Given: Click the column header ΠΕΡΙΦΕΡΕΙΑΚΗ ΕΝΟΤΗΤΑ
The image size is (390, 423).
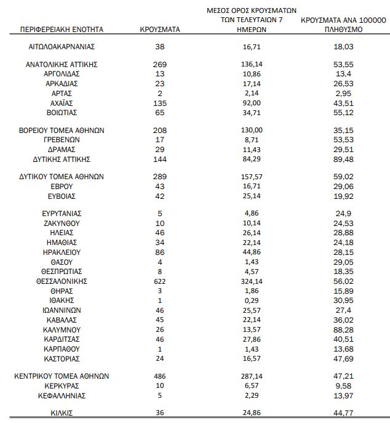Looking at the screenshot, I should [x=62, y=29].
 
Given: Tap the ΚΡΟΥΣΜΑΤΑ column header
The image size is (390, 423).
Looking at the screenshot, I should [x=160, y=29].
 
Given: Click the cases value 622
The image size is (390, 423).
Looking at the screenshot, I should [x=160, y=281].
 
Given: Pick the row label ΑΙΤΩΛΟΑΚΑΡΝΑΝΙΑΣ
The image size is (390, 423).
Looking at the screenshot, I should [x=62, y=46].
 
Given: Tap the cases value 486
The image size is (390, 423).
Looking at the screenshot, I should [x=160, y=376].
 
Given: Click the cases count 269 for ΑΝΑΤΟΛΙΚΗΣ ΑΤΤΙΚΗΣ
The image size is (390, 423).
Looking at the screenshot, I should [x=160, y=64].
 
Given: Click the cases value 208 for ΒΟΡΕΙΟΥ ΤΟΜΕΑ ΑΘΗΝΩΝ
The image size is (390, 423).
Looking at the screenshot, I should [x=160, y=130].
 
